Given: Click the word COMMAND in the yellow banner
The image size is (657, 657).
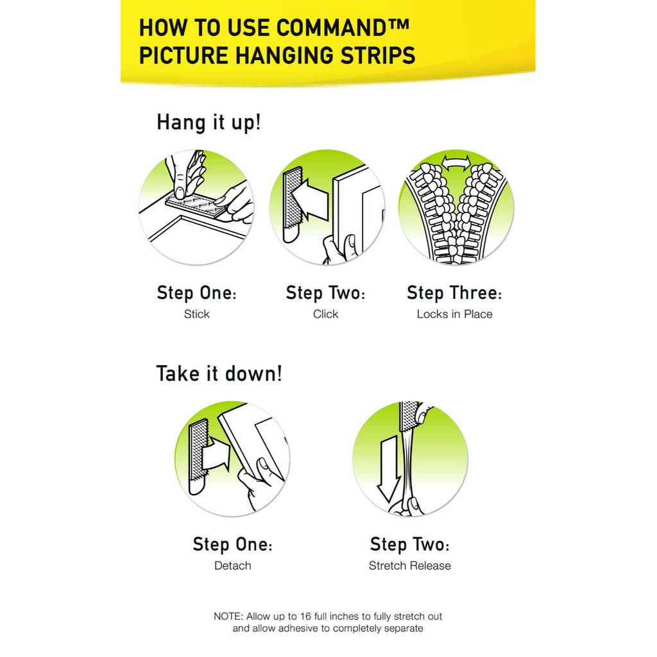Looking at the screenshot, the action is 332,28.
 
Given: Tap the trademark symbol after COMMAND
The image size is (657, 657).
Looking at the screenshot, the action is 401,24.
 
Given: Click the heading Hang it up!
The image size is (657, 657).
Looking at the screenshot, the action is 209,123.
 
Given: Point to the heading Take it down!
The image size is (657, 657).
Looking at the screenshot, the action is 219,373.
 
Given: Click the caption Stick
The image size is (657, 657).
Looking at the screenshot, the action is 196,314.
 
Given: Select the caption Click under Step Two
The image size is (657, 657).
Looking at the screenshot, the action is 325,314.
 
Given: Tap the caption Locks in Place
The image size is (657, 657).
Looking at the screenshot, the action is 455,314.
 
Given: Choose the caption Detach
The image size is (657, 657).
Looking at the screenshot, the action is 232,566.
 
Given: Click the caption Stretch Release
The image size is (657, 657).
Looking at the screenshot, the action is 410,566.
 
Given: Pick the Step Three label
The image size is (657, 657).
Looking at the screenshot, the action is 454,293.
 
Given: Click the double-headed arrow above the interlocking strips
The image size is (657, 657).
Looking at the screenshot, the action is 456,162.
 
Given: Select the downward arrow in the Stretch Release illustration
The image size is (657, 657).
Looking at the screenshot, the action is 388,468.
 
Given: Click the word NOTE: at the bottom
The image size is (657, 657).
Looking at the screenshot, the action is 228,617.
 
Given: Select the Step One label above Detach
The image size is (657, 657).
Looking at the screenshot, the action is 232,544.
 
